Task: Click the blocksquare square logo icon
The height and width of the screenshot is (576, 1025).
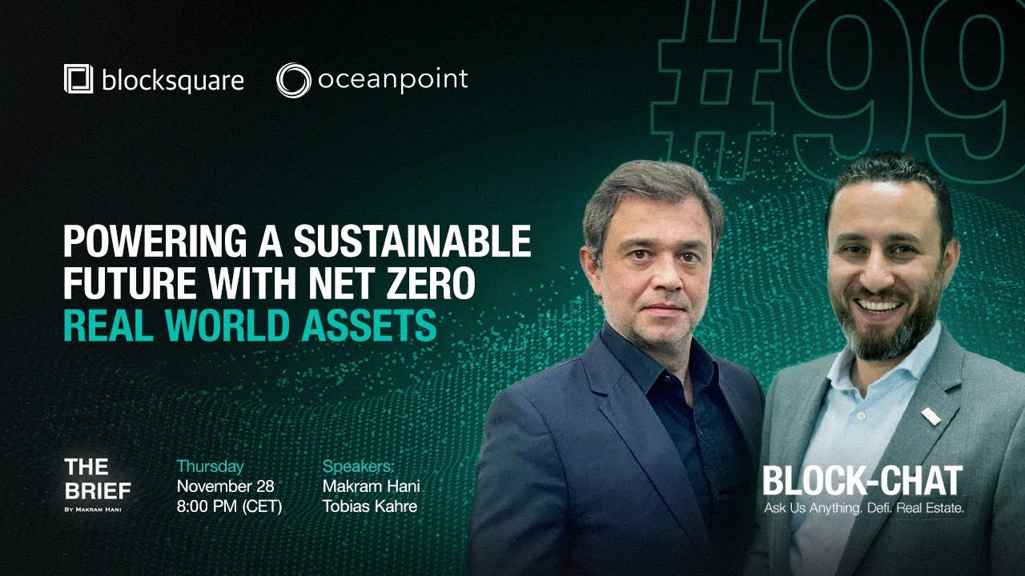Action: pos(79,80)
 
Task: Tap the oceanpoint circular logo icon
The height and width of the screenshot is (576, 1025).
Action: pos(292,80)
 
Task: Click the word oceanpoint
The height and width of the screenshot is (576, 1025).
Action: pos(392,80)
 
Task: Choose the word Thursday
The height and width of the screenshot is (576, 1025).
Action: pos(210,466)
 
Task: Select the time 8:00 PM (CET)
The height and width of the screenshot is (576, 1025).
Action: pos(229,506)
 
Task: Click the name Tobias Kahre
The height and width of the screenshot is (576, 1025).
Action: pos(369,506)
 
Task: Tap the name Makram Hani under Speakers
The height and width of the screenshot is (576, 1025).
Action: pos(371,486)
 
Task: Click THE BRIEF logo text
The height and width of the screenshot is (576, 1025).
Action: pos(97,478)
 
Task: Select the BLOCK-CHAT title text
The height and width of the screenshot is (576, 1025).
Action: pos(862,481)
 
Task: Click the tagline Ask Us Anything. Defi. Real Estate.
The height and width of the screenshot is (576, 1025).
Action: pos(862,509)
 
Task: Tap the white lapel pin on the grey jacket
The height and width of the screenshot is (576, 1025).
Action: pos(931,416)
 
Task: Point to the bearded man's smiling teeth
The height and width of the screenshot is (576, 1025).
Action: pos(880,306)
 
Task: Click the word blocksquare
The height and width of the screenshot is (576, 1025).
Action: pos(172,80)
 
